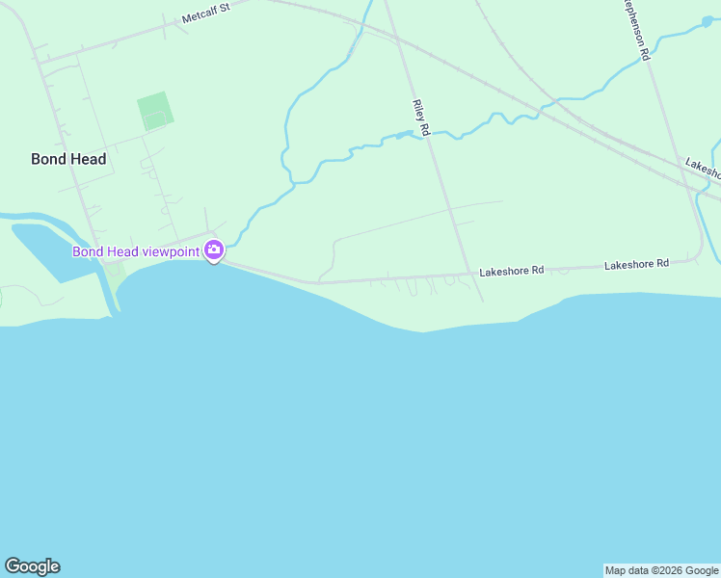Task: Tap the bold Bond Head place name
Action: coord(68,159)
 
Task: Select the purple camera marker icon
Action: coord(214,251)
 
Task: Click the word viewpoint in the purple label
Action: coord(171,251)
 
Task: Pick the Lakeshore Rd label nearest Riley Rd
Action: coord(512,271)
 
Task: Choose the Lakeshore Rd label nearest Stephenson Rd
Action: coord(636,263)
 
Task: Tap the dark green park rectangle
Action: coord(155,112)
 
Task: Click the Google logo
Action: coord(32,566)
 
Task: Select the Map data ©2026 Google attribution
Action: coord(661,570)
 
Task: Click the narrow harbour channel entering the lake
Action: coord(111,294)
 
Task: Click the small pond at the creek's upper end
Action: coord(708,20)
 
